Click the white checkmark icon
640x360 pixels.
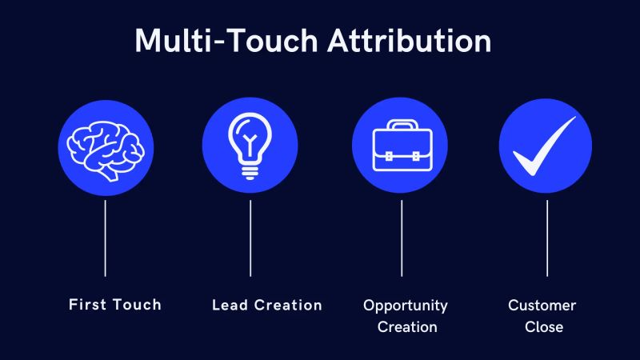(546, 146)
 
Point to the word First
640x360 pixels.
(88, 304)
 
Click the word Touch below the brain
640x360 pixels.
(136, 304)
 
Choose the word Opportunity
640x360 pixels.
(406, 306)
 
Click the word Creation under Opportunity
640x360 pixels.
(406, 326)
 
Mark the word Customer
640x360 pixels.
(542, 306)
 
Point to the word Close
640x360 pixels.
(544, 326)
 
